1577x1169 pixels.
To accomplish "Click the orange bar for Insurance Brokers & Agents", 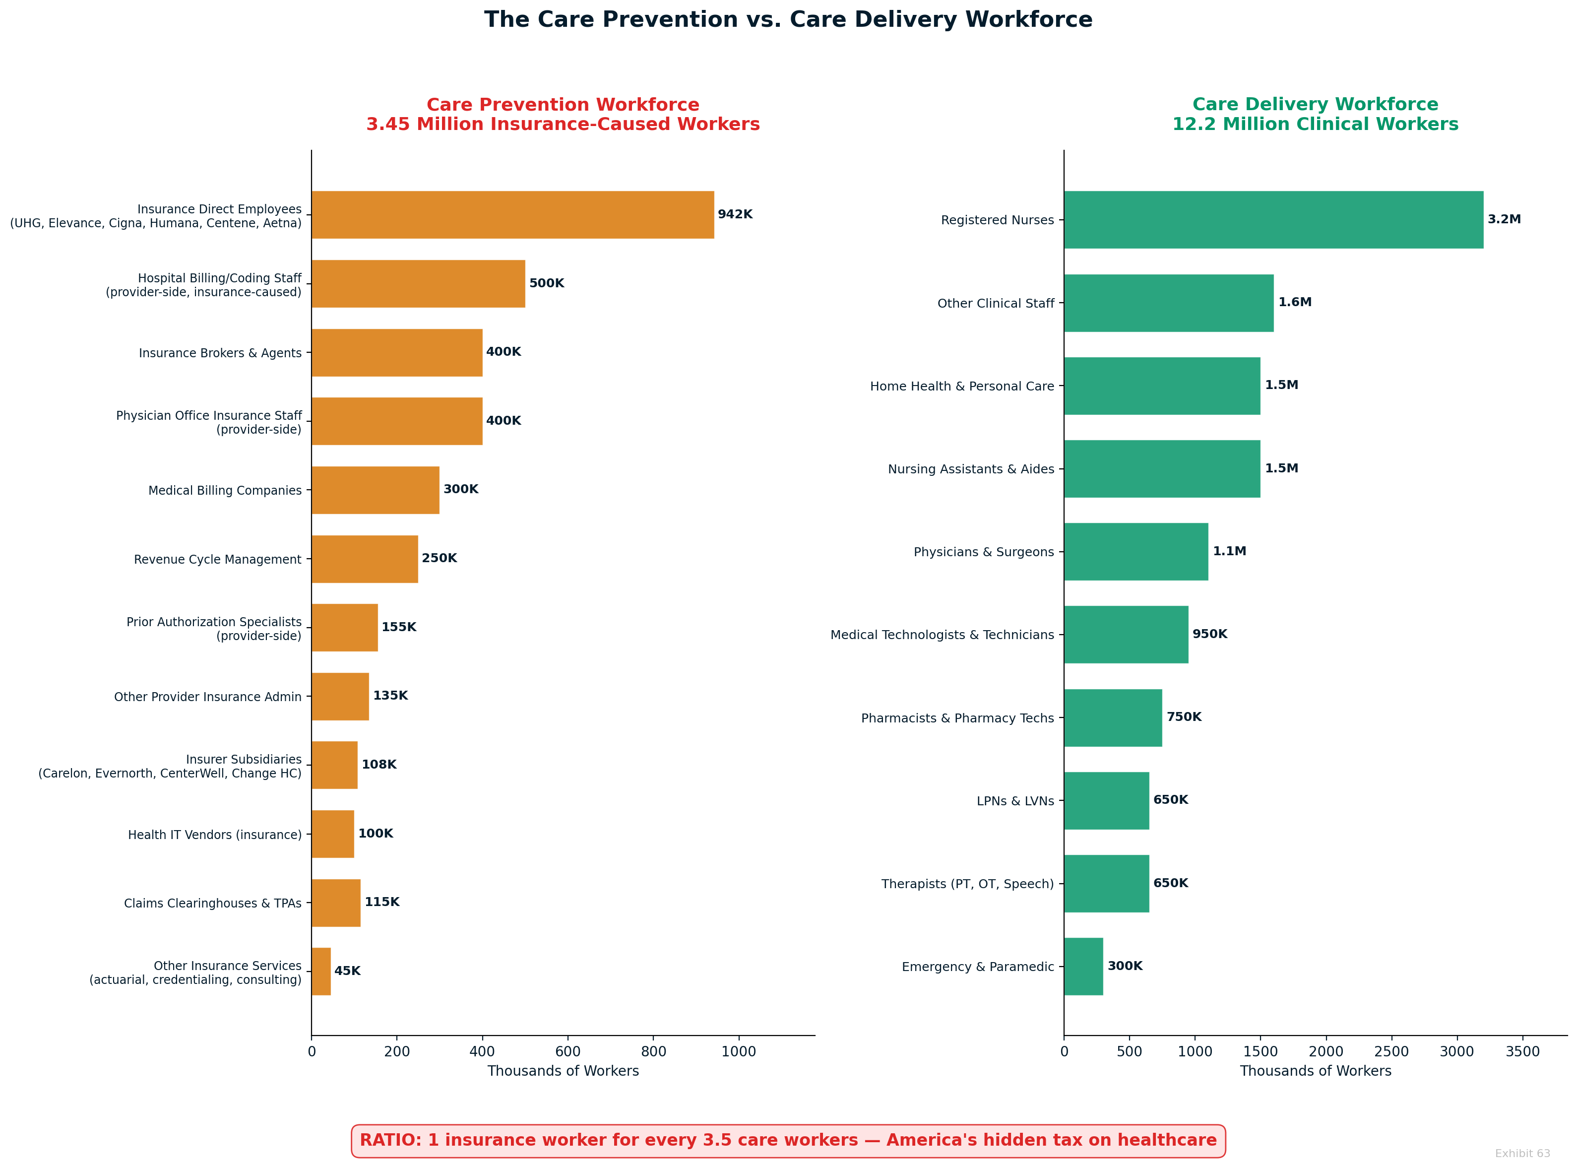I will tap(396, 352).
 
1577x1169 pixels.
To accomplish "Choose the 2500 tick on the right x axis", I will tap(1391, 1051).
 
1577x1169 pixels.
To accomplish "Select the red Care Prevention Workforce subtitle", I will tap(563, 115).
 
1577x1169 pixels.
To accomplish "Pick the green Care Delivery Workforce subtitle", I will tap(1315, 115).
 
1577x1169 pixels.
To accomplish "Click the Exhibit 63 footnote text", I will tap(1522, 1154).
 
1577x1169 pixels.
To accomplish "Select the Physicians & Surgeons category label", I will tap(983, 552).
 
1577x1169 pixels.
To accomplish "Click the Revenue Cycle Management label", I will tap(217, 560).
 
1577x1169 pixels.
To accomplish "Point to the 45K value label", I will tap(347, 971).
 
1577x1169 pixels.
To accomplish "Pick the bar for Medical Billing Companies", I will tap(375, 490).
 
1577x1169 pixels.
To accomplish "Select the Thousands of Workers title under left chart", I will tap(563, 1071).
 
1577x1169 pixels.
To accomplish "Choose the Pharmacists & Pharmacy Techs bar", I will tap(1112, 717).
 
